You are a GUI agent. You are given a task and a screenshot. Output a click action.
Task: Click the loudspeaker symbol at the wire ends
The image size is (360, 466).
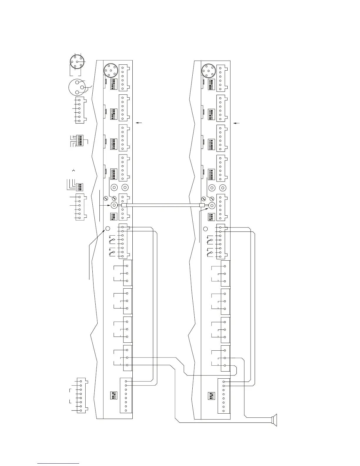tap(274, 420)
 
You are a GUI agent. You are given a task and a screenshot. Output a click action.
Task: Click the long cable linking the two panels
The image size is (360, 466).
tap(163, 206)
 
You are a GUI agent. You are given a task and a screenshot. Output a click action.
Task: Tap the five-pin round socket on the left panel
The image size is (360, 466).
tap(111, 71)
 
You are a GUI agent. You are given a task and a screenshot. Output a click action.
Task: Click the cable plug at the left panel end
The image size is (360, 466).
tap(124, 206)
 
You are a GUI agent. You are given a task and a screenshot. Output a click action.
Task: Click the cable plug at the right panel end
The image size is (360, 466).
tap(202, 206)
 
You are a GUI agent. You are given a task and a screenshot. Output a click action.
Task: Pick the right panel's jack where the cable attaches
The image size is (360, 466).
tap(211, 206)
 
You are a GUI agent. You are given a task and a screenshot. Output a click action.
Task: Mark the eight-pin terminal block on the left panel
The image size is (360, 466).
tap(126, 395)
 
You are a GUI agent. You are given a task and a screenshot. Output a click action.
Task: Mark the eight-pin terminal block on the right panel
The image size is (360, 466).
tap(224, 396)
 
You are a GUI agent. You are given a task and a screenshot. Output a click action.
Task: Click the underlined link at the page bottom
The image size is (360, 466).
tap(59, 463)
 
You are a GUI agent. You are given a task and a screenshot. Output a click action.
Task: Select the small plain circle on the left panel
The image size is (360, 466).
tap(108, 229)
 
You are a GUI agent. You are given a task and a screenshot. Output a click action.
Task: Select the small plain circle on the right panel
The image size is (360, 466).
tap(206, 229)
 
